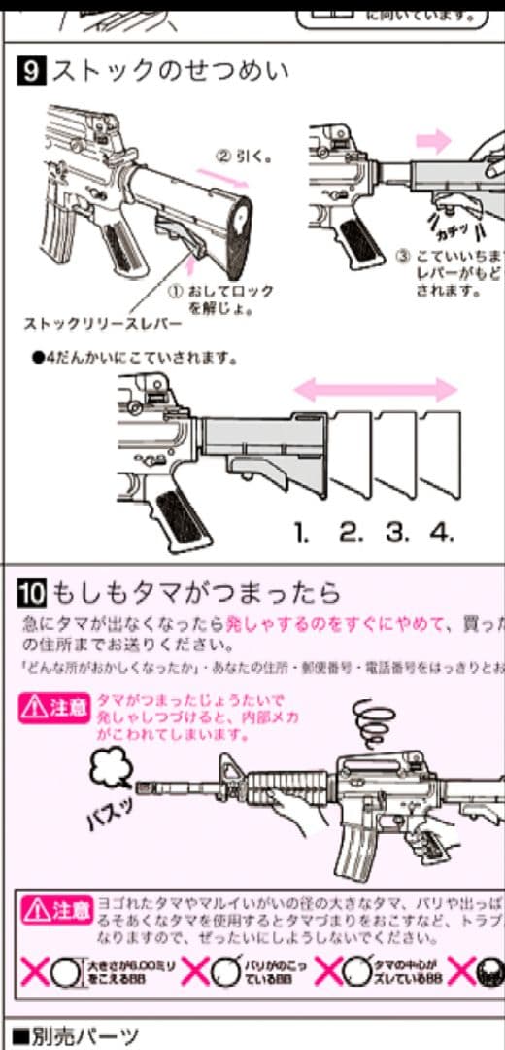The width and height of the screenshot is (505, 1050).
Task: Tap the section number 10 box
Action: point(32,591)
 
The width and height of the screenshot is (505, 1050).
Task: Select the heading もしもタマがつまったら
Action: point(194,591)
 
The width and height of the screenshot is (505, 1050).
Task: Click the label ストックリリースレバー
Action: point(88,322)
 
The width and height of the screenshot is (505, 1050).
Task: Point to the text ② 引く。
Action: point(243,156)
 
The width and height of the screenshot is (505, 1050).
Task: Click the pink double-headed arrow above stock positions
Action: point(375,391)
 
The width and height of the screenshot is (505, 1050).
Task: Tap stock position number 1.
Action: point(302,532)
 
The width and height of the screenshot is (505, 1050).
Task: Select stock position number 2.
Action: point(351,532)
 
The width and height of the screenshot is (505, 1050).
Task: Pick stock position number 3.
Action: point(396,532)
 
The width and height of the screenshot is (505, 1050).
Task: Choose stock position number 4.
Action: point(442,532)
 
